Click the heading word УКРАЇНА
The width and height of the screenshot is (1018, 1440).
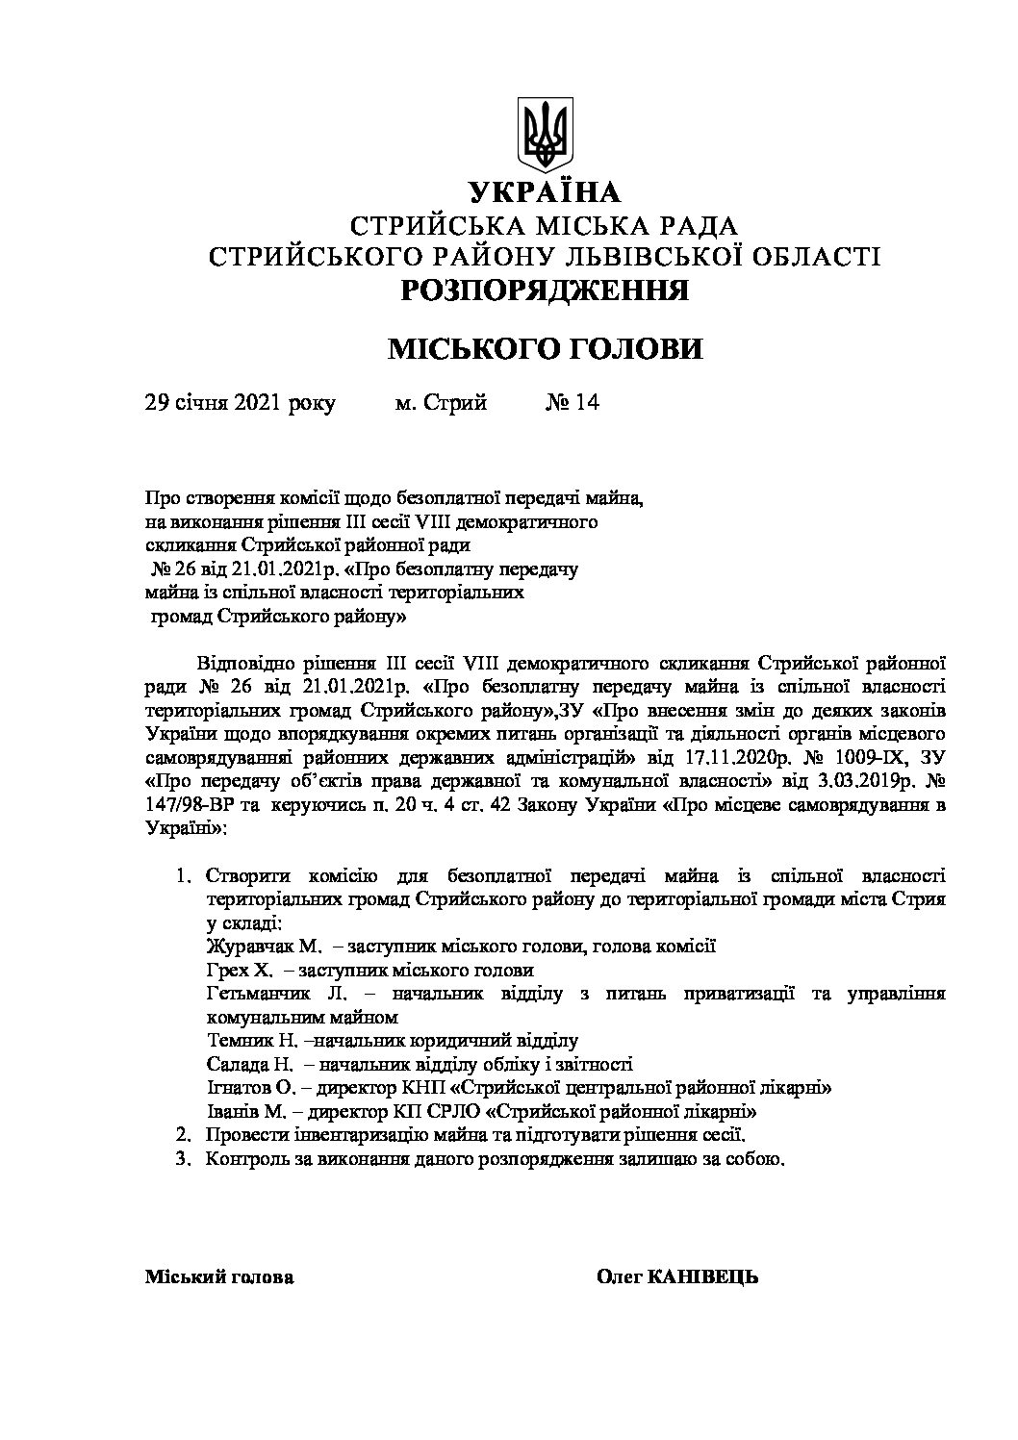coord(545,193)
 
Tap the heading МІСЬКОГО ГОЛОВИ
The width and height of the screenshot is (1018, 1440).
coord(544,349)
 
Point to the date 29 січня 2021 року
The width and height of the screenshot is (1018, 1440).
coord(240,402)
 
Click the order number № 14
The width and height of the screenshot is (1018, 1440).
coord(572,402)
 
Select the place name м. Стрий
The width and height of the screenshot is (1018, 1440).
coord(442,402)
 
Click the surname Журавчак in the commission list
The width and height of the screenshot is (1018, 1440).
coord(246,947)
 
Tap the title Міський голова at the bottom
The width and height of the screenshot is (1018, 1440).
coord(219,1277)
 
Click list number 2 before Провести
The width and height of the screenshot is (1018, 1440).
coord(181,1135)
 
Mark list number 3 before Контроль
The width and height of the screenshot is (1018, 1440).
coord(181,1158)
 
